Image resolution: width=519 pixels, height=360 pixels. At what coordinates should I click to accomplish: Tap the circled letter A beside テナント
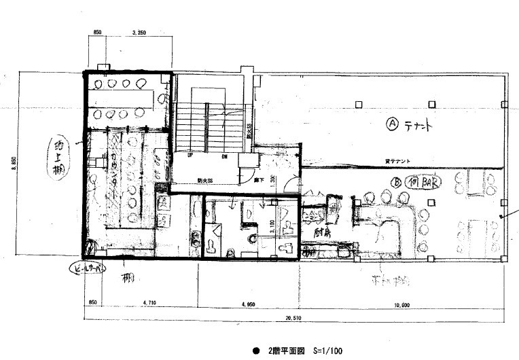coord(391,124)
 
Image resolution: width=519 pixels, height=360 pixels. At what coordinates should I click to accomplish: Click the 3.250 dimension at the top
coord(138,32)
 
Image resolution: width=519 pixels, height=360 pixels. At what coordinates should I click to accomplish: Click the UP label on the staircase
coord(198,154)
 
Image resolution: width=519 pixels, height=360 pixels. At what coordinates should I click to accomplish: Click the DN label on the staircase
coord(224,154)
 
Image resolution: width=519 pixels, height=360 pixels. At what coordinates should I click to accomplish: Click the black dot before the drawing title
coord(256,352)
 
